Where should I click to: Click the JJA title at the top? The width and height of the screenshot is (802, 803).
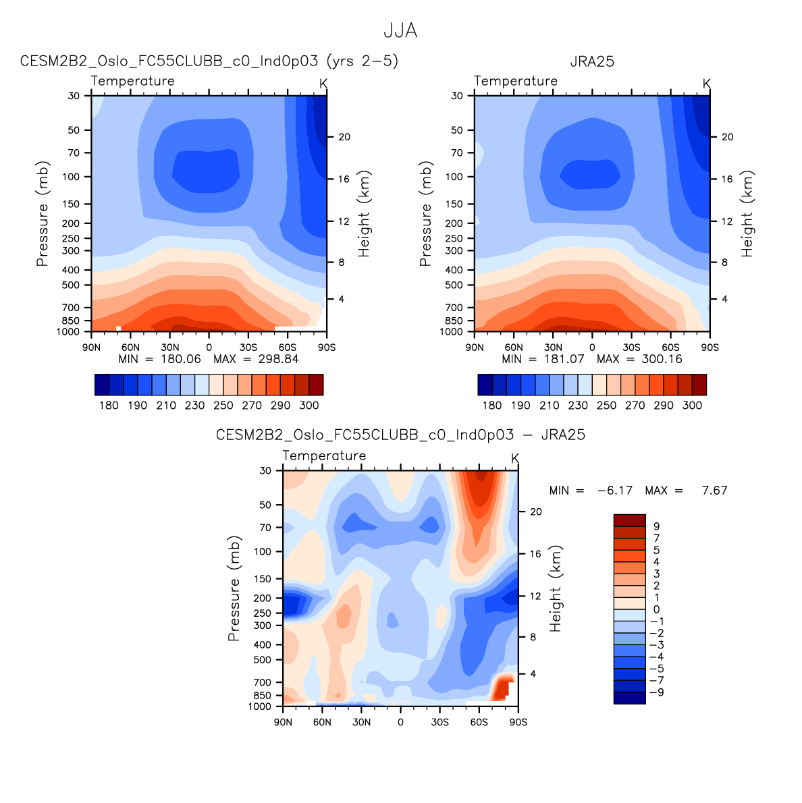point(400,31)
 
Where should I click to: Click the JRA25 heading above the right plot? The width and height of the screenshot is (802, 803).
point(592,61)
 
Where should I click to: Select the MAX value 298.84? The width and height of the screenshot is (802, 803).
point(277,359)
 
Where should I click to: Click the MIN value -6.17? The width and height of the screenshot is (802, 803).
point(615,491)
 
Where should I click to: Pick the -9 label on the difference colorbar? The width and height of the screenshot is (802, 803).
point(656,692)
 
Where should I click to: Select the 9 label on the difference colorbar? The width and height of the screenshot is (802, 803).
point(656,526)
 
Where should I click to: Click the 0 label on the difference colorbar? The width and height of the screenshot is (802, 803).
point(656,609)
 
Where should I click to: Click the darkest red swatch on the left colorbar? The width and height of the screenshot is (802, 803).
point(316,385)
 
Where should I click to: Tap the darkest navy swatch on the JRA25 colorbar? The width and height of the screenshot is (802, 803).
point(485,385)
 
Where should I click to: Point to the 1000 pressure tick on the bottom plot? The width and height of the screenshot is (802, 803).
point(260,707)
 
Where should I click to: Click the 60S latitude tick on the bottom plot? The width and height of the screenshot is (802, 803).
point(479,722)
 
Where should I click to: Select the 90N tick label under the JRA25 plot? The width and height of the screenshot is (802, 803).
point(475,347)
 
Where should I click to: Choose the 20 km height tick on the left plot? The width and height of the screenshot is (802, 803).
point(344,137)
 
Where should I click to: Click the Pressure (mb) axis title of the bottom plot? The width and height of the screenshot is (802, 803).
point(234,588)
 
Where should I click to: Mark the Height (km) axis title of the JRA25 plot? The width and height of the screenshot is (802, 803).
point(747,213)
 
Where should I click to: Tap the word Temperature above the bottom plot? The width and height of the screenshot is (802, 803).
point(324,456)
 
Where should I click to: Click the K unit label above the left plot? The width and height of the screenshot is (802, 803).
point(323,84)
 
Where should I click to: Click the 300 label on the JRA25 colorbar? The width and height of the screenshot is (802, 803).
point(692,406)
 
